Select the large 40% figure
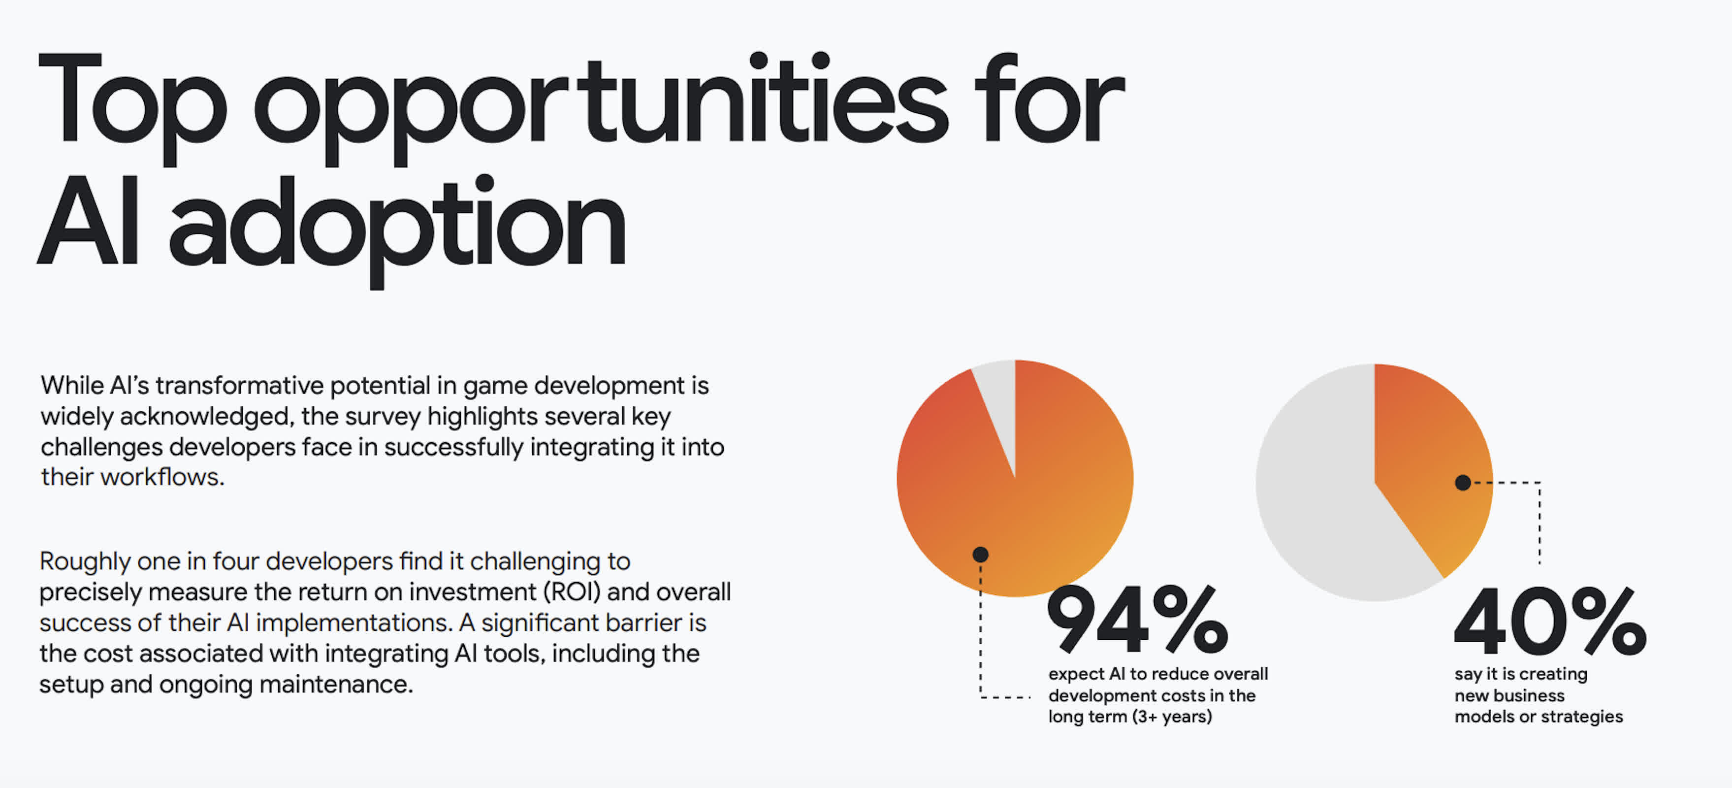pyautogui.click(x=1550, y=621)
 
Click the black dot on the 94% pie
pyautogui.click(x=980, y=554)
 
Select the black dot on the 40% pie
pyautogui.click(x=1462, y=482)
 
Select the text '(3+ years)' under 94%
pyautogui.click(x=1172, y=717)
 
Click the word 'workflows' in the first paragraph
pyautogui.click(x=162, y=477)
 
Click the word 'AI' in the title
pyautogui.click(x=88, y=221)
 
